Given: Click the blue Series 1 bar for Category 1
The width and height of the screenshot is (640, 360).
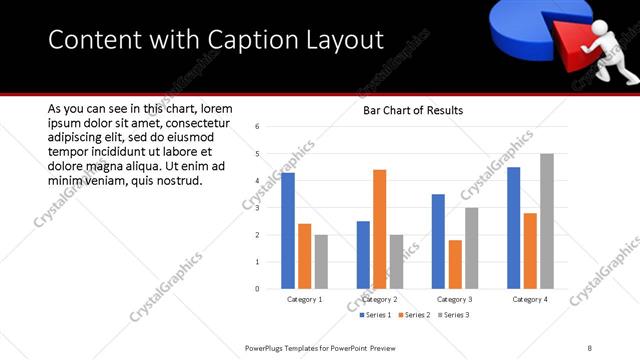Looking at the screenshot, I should click(x=288, y=231).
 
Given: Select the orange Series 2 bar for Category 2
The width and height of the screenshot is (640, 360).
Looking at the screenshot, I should click(x=379, y=229).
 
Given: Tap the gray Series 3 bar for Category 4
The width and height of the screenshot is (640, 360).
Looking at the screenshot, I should click(x=546, y=221).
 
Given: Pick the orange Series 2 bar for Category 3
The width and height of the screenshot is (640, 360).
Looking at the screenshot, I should click(x=455, y=264).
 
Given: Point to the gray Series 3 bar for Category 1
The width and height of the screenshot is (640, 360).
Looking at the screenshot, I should click(x=320, y=262).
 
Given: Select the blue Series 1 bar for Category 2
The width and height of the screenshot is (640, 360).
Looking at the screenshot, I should click(x=363, y=255).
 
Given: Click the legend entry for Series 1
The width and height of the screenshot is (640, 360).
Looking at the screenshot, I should click(x=375, y=315).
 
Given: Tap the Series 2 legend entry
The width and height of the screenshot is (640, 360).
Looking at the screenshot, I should click(x=413, y=315).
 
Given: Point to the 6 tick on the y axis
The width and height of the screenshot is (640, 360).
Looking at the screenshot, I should click(x=257, y=127).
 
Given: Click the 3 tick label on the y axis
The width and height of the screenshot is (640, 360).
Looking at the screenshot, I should click(x=257, y=208).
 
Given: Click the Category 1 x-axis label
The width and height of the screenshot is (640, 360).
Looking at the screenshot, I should click(x=304, y=299).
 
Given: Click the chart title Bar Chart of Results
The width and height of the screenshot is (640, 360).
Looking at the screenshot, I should click(x=412, y=110).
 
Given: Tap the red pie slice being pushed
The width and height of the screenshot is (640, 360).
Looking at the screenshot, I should click(x=559, y=44).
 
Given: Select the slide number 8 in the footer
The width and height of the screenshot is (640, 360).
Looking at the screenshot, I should click(x=590, y=348).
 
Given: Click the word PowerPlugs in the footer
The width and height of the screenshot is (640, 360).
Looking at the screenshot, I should click(x=270, y=348).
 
